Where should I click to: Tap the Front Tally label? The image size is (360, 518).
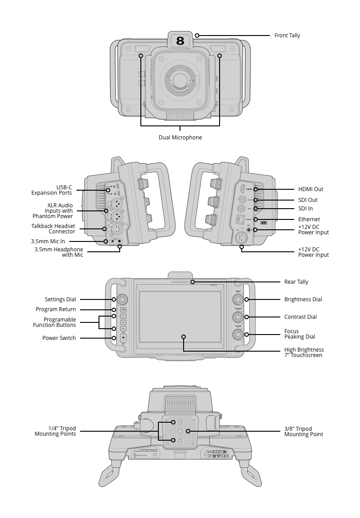click(x=287, y=36)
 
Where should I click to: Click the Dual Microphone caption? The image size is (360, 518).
click(x=180, y=138)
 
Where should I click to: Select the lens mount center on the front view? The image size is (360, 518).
click(x=180, y=80)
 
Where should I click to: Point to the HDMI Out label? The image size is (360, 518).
click(x=310, y=189)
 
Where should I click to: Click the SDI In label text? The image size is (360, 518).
click(x=305, y=209)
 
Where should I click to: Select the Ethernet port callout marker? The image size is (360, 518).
click(x=255, y=219)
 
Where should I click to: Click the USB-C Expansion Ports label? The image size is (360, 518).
click(x=51, y=190)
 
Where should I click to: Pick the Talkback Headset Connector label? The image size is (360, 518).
click(x=53, y=229)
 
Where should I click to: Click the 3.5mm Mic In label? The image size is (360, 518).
click(x=51, y=241)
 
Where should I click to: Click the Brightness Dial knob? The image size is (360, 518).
click(x=238, y=299)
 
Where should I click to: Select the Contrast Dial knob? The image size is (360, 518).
click(x=238, y=317)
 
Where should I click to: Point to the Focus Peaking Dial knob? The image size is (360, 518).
click(x=238, y=335)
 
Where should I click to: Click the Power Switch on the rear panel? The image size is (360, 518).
click(x=123, y=338)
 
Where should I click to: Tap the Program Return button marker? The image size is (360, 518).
click(x=114, y=309)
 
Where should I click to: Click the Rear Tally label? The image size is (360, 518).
click(x=296, y=282)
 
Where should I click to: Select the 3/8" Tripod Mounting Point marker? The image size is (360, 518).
click(x=188, y=431)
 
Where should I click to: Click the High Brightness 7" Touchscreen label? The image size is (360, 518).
click(x=304, y=353)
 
